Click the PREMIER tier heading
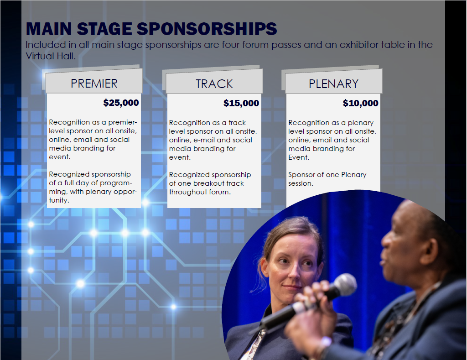pos(94,83)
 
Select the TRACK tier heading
pos(214,84)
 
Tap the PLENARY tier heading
pos(333,84)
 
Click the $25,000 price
pos(121,103)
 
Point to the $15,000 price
pos(241,103)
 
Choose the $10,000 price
pos(360,103)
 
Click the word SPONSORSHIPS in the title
pos(207,29)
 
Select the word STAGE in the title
pos(104,29)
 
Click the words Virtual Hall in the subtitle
pos(50,56)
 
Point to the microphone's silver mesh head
pos(345,284)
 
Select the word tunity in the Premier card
pos(59,200)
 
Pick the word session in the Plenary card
pos(301,183)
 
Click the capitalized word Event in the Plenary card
pos(299,157)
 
